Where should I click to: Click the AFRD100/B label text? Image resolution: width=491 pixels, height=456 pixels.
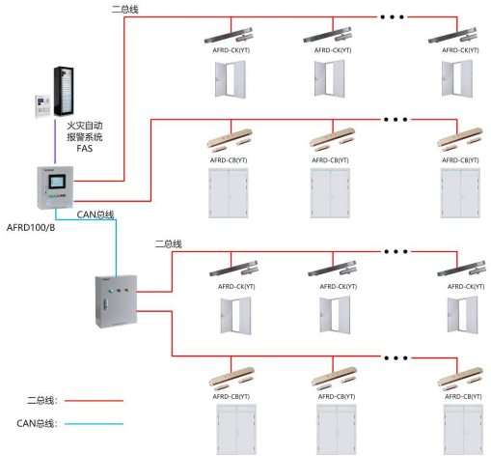pos(31,228)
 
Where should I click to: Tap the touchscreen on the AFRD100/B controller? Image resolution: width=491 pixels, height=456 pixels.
pos(57,182)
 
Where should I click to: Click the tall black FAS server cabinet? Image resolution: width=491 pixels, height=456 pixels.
pos(64,91)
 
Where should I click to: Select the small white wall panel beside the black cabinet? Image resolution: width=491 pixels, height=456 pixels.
pos(42,106)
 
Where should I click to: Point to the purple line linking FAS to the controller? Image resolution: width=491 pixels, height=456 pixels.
pos(55,142)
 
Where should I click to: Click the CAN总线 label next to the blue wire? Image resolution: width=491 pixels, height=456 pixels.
pos(95,214)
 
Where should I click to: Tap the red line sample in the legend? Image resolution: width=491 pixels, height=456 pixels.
pos(94,401)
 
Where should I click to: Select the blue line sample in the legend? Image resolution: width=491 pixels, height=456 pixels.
pos(94,424)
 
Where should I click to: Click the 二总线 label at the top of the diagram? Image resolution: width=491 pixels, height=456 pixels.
pos(125,10)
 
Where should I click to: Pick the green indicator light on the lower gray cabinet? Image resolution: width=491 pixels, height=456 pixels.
pos(110,291)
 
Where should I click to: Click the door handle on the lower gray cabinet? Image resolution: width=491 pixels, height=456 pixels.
pos(105,304)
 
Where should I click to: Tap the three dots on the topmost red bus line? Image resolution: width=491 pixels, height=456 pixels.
pos(392,17)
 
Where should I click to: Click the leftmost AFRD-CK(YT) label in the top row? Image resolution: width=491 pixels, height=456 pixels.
pos(232,50)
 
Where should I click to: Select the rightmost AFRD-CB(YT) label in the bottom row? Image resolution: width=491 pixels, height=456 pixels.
pos(463,396)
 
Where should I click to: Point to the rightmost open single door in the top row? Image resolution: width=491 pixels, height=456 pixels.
pos(457,78)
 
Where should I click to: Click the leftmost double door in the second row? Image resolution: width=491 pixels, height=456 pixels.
pos(229,193)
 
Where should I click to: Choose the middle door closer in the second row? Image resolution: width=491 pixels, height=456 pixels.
pos(332,140)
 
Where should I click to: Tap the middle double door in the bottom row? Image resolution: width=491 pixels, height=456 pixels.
pos(337,430)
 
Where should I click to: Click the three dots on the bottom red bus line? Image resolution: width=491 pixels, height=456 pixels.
pos(396,357)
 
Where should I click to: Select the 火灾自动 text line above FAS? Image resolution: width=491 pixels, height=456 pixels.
pos(85,126)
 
